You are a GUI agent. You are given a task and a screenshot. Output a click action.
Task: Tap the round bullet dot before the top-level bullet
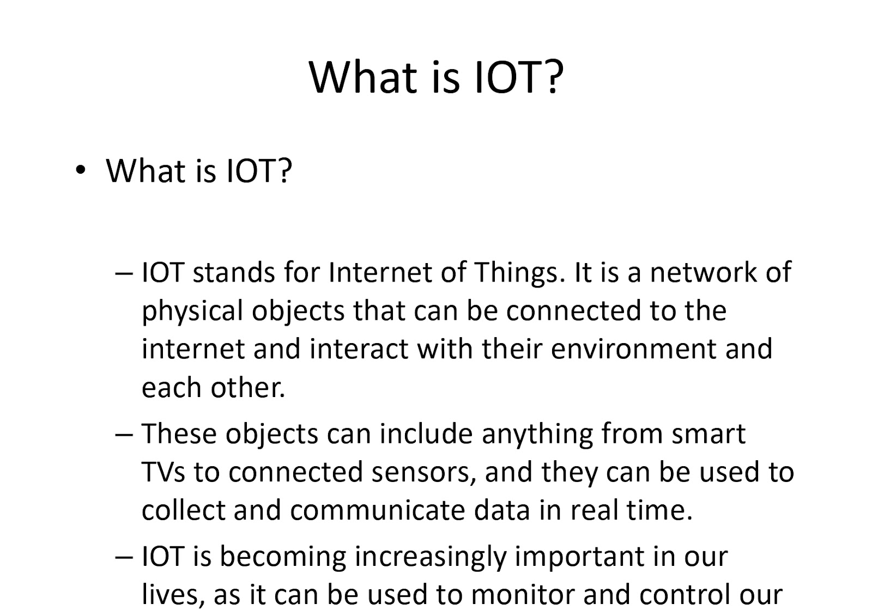click(x=80, y=170)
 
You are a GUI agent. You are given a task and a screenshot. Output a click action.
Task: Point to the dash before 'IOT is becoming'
click(x=124, y=557)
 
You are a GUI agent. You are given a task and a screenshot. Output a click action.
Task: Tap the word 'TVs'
click(x=163, y=472)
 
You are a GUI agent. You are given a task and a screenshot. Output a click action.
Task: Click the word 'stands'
click(x=234, y=272)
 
